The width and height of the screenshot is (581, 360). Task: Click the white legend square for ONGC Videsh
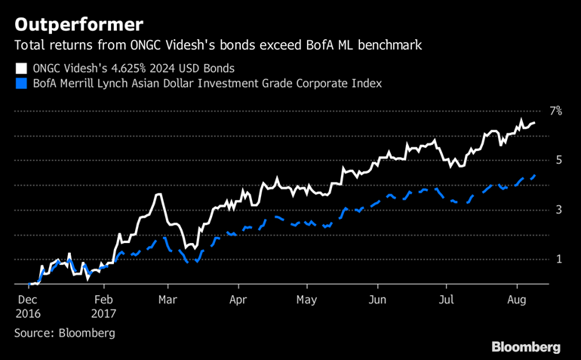click(20, 67)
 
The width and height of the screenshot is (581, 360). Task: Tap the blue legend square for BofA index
click(20, 83)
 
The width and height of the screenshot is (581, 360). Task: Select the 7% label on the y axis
click(555, 111)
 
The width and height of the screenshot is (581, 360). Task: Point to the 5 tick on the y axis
click(558, 160)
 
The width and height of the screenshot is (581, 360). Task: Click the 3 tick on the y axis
click(558, 210)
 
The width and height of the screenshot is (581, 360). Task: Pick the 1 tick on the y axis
click(558, 259)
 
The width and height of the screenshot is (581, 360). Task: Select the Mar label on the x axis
click(169, 299)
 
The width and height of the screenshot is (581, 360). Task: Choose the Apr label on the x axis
click(238, 299)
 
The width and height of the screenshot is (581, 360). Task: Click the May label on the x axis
click(306, 299)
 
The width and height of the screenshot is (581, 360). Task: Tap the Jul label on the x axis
click(447, 299)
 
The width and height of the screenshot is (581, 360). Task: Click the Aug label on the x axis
click(517, 299)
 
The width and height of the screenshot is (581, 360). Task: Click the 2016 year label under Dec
click(27, 313)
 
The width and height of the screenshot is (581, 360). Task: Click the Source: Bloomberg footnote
click(64, 332)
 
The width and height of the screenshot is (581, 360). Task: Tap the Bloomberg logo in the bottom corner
click(526, 346)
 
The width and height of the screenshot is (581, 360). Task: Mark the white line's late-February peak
click(158, 195)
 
